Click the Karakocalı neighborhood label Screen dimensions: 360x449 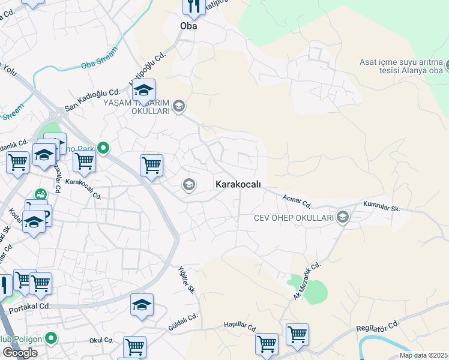coord(238,185)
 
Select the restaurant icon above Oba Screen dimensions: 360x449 coord(194,7)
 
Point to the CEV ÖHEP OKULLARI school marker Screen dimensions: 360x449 coord(343,217)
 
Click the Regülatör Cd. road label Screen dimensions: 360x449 coord(378,327)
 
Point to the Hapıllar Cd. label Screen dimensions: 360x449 coord(240,325)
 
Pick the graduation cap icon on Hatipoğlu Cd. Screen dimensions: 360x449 coord(143,91)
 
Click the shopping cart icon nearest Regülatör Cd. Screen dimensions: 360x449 coord(297,334)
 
